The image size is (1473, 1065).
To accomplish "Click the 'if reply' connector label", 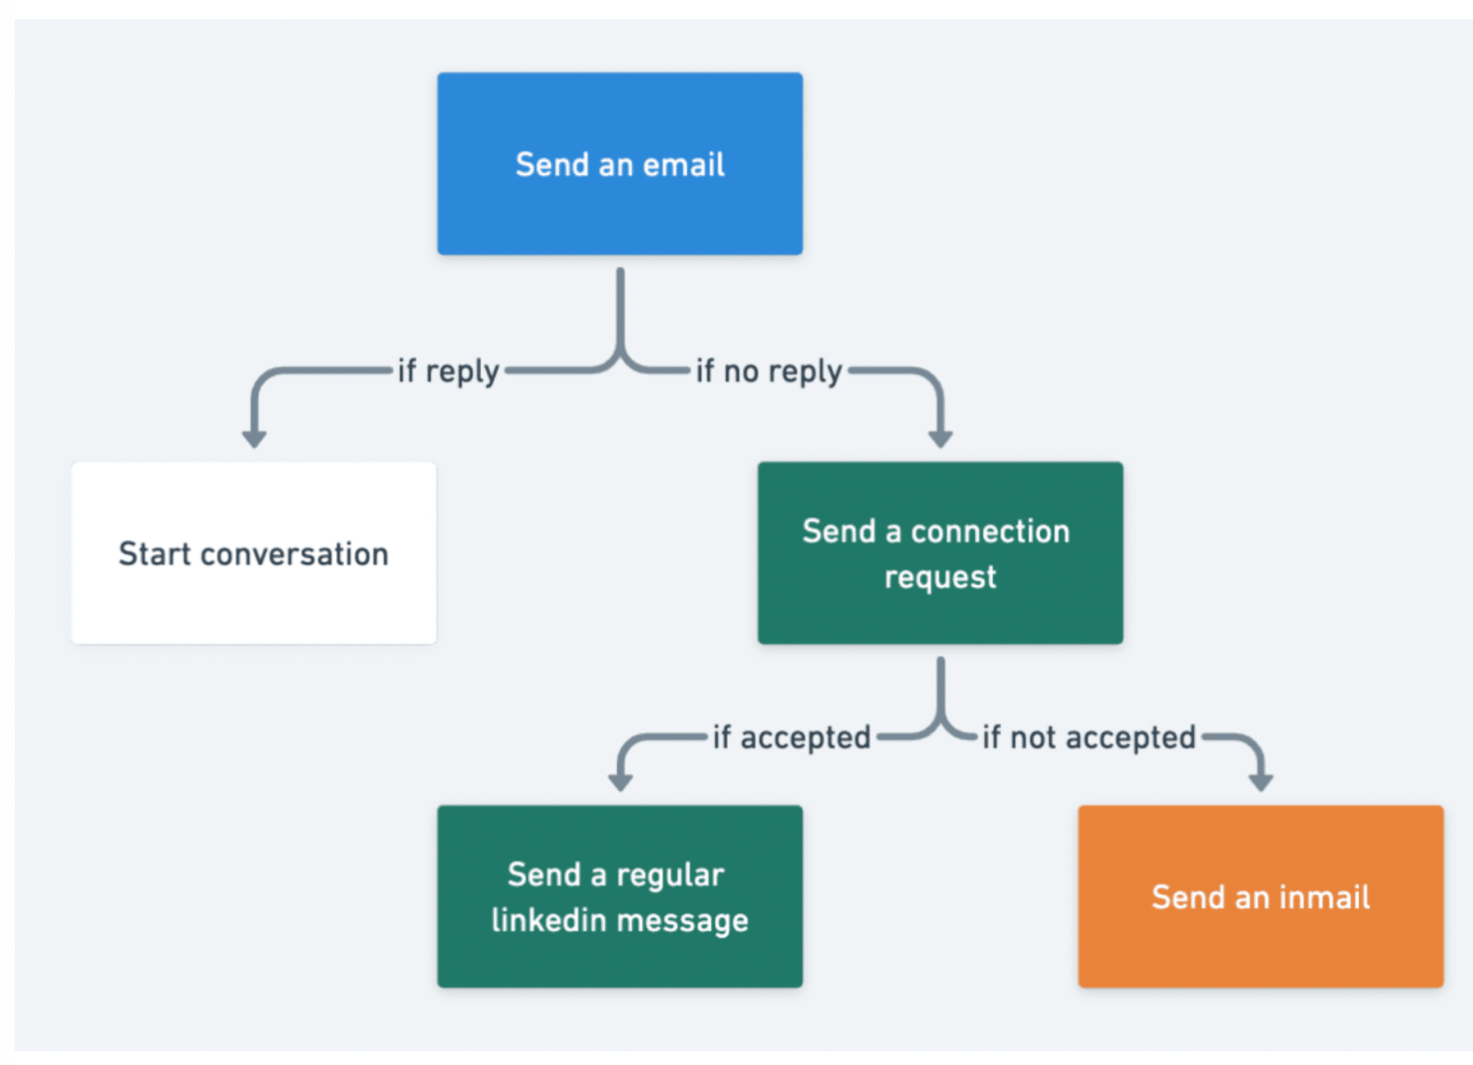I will [x=448, y=371].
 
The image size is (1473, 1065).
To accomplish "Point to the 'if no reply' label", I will [x=768, y=371].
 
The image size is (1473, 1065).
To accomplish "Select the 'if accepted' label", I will [x=791, y=737].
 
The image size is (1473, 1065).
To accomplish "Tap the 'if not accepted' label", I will [x=1089, y=737].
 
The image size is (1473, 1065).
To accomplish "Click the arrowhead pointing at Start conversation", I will [x=254, y=439].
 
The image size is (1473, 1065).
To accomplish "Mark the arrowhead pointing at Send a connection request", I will [x=941, y=439].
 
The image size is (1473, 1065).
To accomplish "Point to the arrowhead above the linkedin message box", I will [x=620, y=782].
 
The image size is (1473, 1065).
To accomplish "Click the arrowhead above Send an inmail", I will [x=1261, y=782].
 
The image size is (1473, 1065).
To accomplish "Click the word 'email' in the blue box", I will [x=683, y=164].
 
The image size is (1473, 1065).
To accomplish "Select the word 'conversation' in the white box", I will [x=294, y=554].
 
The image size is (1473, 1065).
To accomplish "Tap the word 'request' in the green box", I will [x=940, y=577].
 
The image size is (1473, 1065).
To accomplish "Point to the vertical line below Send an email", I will [x=620, y=309].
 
